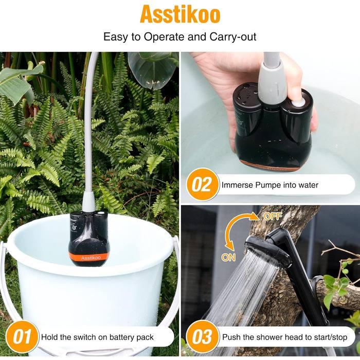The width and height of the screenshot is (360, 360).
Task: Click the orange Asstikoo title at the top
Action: (180, 15)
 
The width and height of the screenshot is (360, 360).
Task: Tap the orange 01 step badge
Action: (22, 337)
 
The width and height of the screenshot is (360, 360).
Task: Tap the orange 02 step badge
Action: (202, 185)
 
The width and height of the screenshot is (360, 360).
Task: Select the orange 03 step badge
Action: (202, 337)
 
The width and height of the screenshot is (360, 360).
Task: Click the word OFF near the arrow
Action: (273, 216)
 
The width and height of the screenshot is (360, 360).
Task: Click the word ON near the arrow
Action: (228, 257)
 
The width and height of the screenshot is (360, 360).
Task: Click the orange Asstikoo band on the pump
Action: (90, 258)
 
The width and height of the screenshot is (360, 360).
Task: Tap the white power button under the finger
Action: (298, 103)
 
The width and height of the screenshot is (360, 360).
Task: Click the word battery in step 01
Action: (122, 337)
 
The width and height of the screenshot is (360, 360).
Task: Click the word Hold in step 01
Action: (49, 337)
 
